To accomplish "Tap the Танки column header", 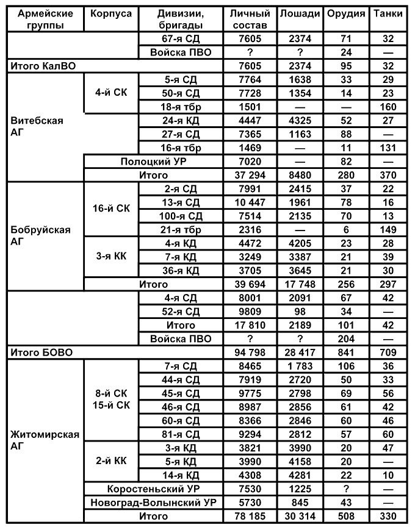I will click(388, 13).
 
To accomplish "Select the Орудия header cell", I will click(345, 13).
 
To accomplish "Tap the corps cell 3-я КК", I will click(110, 257).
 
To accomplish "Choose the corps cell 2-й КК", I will click(110, 462).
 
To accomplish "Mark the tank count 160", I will click(388, 107).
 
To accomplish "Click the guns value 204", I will click(345, 337).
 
